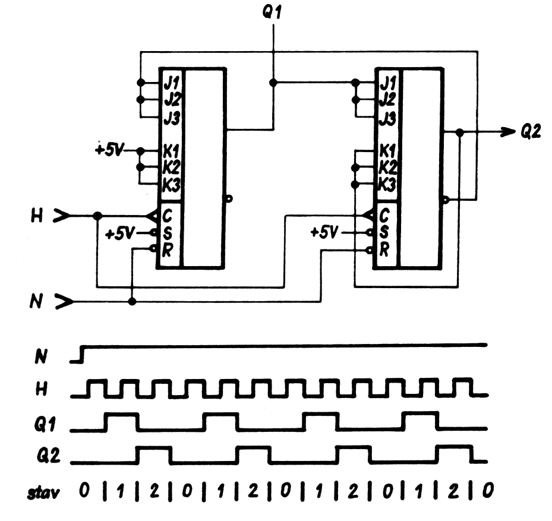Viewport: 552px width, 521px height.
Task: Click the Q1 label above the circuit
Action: point(272,11)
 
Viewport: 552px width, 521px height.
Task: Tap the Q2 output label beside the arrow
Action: point(530,133)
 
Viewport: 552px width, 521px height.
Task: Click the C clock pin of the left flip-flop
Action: point(168,214)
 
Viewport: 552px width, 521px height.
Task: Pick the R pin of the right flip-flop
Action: point(384,251)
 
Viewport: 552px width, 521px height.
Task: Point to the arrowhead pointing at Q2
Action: point(506,132)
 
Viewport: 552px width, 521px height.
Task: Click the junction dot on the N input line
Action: point(132,302)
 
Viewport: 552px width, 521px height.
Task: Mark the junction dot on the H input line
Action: point(97,216)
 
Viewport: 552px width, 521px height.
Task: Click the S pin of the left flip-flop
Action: point(168,233)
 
